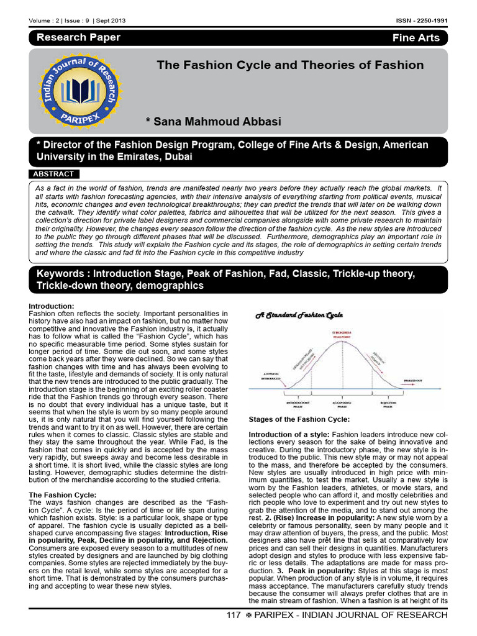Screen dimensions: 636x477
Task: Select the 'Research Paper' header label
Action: pos(78,37)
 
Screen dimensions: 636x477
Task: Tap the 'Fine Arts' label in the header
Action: pos(416,38)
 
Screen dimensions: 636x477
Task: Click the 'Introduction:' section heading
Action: pos(52,306)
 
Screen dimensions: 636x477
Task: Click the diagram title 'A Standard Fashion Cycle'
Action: pos(299,316)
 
